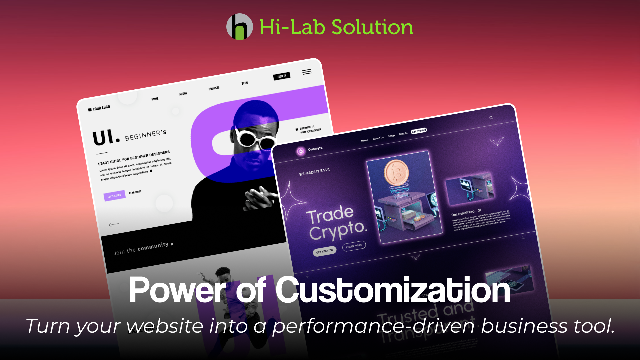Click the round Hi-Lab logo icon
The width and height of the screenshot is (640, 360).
point(239,27)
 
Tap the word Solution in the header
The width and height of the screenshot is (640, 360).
point(372,27)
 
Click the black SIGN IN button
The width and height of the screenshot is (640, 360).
point(282,76)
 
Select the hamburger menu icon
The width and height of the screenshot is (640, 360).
point(307,72)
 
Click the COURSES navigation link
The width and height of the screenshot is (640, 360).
point(214,88)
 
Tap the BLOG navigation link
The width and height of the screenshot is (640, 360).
point(245,83)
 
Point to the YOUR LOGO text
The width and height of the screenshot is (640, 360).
point(101,108)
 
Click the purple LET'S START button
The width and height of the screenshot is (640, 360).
point(114,196)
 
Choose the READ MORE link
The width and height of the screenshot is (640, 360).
point(135,192)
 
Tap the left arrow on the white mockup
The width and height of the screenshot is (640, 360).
point(114,225)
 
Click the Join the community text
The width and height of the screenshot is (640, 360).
point(141,248)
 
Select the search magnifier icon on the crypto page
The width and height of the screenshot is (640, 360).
point(491,118)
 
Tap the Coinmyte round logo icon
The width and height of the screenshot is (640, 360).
point(301,152)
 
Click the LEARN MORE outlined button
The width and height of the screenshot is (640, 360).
point(354,246)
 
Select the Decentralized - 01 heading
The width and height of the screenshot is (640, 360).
point(466,212)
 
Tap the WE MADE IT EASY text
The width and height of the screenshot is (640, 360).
point(314,172)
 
